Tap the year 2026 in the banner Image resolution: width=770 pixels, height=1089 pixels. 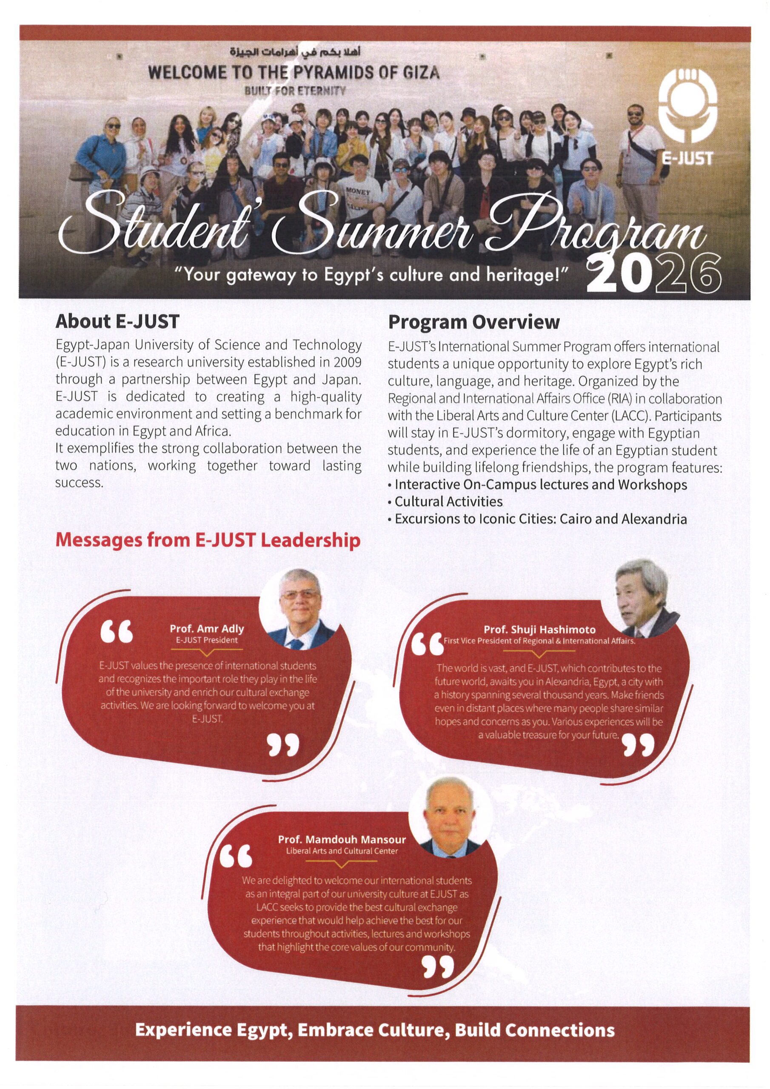[654, 275]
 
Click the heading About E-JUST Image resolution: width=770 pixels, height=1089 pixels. [117, 322]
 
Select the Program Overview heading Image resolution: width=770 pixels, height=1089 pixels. [473, 322]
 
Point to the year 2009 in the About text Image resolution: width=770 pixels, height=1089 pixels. [347, 362]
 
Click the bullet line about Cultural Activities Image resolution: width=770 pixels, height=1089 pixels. [448, 502]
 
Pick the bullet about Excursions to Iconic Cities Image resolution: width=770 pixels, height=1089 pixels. [540, 519]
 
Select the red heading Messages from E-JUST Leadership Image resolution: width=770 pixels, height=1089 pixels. [208, 540]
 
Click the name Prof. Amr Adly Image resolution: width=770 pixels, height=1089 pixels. [207, 628]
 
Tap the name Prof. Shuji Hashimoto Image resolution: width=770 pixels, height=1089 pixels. [539, 630]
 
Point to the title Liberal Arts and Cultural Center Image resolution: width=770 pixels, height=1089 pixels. [342, 851]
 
